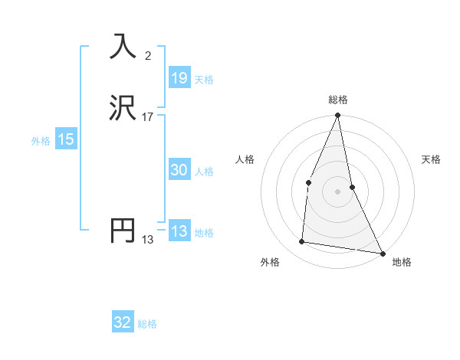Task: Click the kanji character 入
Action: pyautogui.click(x=123, y=47)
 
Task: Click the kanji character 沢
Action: pyautogui.click(x=123, y=108)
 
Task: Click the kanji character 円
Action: pyautogui.click(x=123, y=231)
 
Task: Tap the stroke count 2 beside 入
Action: pyautogui.click(x=148, y=55)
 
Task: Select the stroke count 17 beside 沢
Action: pyautogui.click(x=148, y=116)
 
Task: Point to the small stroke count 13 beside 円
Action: pyautogui.click(x=148, y=239)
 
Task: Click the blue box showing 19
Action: pyautogui.click(x=179, y=78)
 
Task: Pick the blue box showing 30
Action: pyautogui.click(x=179, y=170)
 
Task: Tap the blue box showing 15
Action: pyautogui.click(x=66, y=139)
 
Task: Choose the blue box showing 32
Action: pyautogui.click(x=123, y=322)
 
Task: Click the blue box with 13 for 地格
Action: pyautogui.click(x=179, y=231)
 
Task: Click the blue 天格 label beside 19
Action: pyautogui.click(x=204, y=79)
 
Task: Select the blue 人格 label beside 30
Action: pyautogui.click(x=204, y=171)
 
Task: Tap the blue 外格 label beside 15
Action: pyautogui.click(x=41, y=140)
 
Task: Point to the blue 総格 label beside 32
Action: pyautogui.click(x=147, y=323)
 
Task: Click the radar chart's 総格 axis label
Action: pyautogui.click(x=337, y=100)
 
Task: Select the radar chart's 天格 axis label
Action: pyautogui.click(x=432, y=159)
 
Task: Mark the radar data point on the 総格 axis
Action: pyautogui.click(x=337, y=116)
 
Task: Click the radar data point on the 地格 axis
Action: pyautogui.click(x=383, y=253)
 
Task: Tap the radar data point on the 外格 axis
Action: pyautogui.click(x=302, y=242)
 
